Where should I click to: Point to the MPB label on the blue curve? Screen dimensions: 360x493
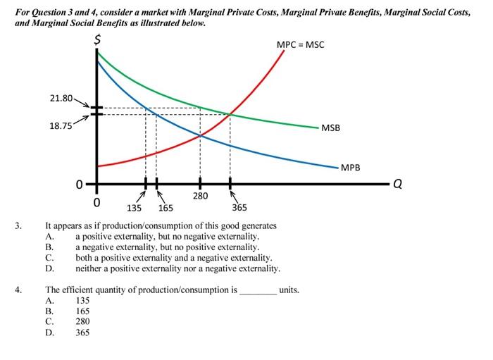[x=350, y=168]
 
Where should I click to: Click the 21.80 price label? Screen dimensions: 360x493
[x=61, y=98]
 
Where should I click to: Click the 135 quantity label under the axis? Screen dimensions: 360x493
[x=134, y=208]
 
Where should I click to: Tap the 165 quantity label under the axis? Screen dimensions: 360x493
[x=166, y=208]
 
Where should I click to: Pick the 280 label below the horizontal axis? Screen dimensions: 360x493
[x=200, y=196]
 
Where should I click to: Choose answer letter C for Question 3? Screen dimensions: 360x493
[x=49, y=258]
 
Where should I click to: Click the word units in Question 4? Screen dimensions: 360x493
[x=289, y=290]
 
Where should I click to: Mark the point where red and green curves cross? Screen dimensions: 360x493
[x=230, y=113]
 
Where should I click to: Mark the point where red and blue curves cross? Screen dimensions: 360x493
[x=200, y=135]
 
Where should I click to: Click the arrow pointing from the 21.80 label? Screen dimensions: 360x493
[x=82, y=104]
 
